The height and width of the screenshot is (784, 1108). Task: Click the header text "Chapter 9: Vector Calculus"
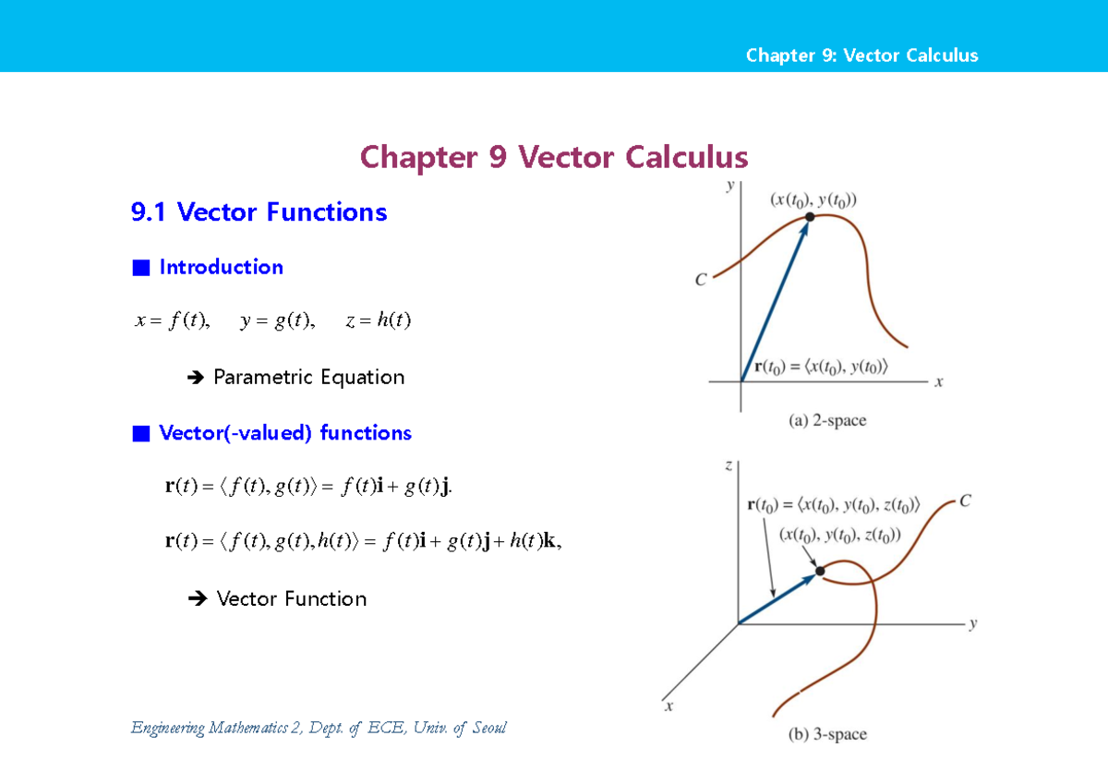[x=861, y=55]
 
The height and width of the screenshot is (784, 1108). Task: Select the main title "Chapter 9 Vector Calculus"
[x=554, y=157]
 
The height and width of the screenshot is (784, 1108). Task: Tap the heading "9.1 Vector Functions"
[x=259, y=212]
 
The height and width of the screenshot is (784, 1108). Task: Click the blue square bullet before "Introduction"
[x=140, y=268]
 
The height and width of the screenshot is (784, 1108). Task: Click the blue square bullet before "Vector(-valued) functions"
[x=140, y=433]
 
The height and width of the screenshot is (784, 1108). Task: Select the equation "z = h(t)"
[x=378, y=320]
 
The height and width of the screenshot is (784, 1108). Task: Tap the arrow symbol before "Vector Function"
[x=195, y=599]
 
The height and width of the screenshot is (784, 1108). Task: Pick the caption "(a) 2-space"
[x=827, y=421]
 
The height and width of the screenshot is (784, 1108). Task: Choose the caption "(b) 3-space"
[x=827, y=735]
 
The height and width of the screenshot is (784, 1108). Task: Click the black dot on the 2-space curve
[x=810, y=217]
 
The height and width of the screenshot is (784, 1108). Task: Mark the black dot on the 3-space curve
[x=820, y=571]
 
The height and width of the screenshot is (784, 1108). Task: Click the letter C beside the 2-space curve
[x=701, y=280]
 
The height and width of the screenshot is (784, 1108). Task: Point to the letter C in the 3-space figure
[x=965, y=501]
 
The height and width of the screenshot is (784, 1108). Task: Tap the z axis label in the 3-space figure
[x=729, y=466]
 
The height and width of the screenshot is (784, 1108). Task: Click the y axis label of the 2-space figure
[x=729, y=186]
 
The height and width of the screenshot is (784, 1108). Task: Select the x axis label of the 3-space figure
[x=668, y=706]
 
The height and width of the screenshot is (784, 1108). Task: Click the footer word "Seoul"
[x=488, y=728]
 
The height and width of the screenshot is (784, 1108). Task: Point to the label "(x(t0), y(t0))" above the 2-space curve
[x=813, y=199]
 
